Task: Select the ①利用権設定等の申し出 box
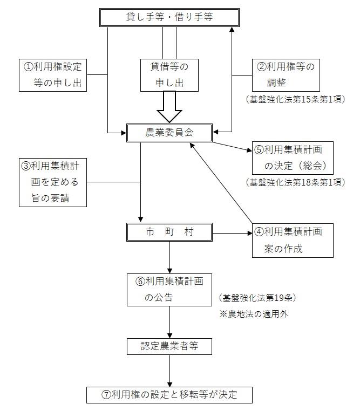pos(52,75)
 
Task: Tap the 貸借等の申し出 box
pos(169,75)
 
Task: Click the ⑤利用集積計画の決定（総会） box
pos(292,157)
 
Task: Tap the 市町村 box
pos(169,232)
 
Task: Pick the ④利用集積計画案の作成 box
pos(292,240)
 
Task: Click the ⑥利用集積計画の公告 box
pos(169,290)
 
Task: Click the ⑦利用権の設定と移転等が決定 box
pos(169,394)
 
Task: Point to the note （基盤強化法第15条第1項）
pos(294,99)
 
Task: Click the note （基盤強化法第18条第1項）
pos(294,181)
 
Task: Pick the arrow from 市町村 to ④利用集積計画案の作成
pos(232,233)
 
